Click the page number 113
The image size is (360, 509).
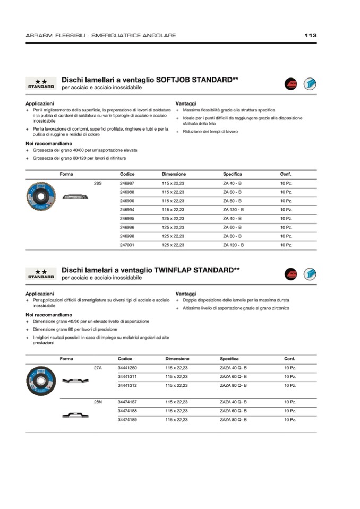pos(311,36)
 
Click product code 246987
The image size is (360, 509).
pos(127,183)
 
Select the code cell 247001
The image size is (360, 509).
pos(127,245)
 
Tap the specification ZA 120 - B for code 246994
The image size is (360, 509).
pos(233,210)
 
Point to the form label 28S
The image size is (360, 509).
pos(98,183)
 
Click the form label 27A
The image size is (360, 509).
pos(98,368)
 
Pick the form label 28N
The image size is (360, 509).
pos(98,402)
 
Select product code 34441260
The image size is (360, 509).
pos(127,368)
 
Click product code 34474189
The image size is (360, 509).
pos(127,420)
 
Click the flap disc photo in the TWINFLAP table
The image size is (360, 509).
pos(41,381)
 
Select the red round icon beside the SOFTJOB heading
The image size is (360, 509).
pos(290,83)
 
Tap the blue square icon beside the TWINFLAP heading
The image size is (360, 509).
pos(310,274)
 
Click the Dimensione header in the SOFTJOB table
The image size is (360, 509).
pos(174,174)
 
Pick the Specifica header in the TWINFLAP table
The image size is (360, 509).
pos(229,359)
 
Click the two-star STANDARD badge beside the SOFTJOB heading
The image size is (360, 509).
pos(40,84)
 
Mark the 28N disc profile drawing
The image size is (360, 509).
pos(76,415)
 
